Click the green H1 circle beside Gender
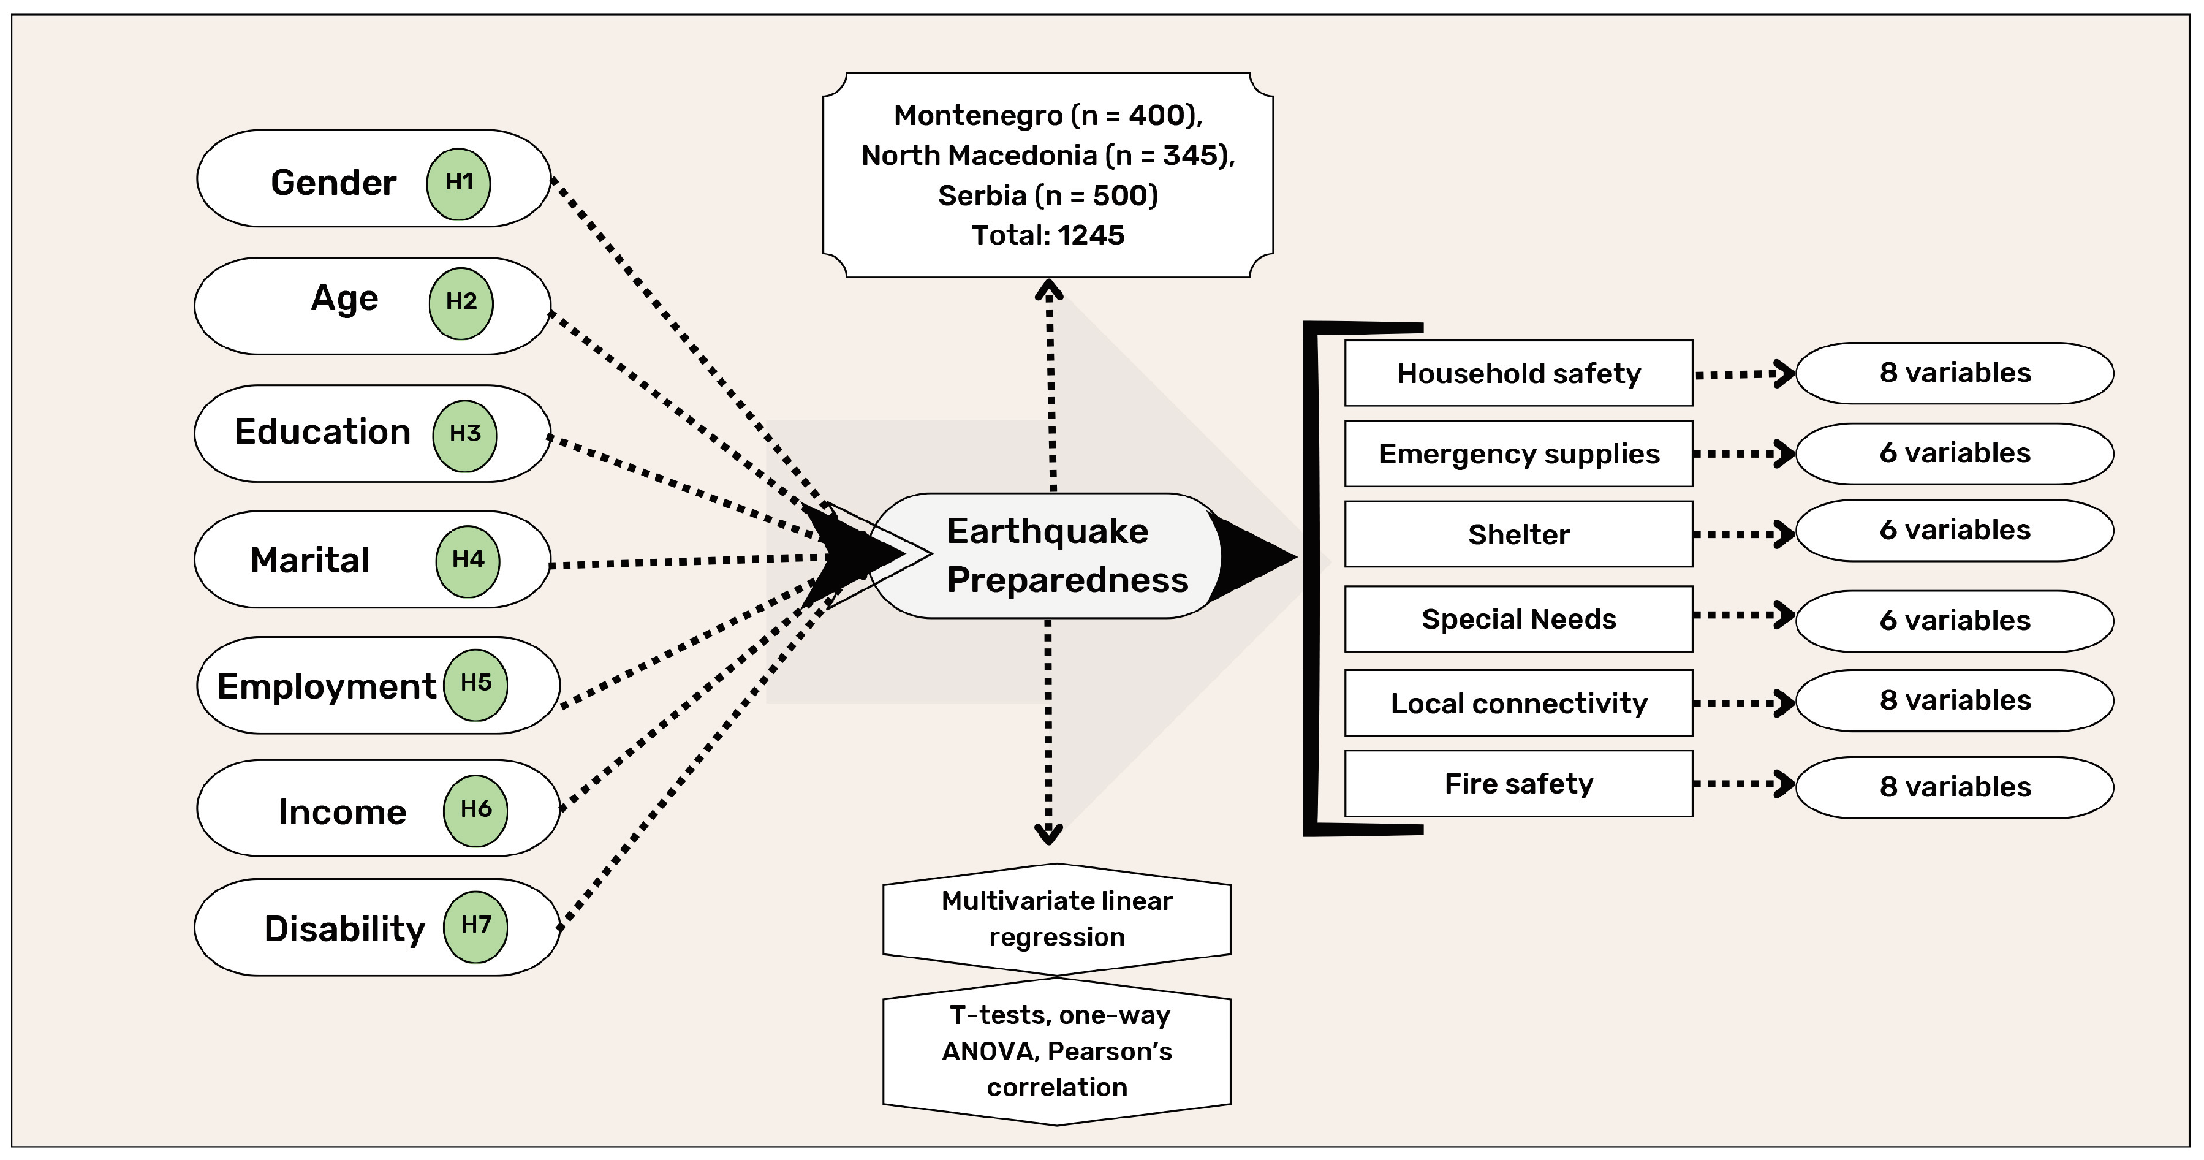(x=458, y=184)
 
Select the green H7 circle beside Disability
(x=475, y=927)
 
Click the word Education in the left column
(x=322, y=432)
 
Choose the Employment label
(x=326, y=686)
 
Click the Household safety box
(x=1519, y=374)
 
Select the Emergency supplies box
(x=1519, y=454)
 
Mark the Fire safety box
(x=1519, y=784)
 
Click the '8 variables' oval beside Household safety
(x=1955, y=373)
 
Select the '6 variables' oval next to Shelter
(x=1955, y=531)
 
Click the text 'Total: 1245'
(x=1048, y=235)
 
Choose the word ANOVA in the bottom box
(x=990, y=1052)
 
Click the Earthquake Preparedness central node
(x=1048, y=556)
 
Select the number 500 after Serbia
(x=1121, y=196)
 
